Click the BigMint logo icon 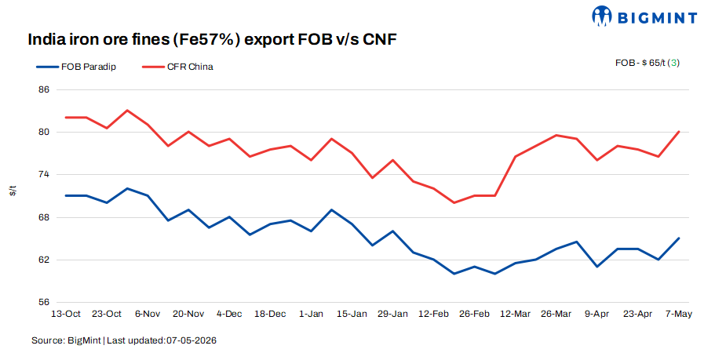pyautogui.click(x=601, y=16)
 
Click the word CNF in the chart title pyautogui.click(x=379, y=40)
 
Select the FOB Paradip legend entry pyautogui.click(x=77, y=67)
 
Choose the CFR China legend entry pyautogui.click(x=177, y=67)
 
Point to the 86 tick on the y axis pyautogui.click(x=44, y=89)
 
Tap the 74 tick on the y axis pyautogui.click(x=44, y=175)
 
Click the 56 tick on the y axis pyautogui.click(x=44, y=302)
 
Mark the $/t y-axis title pyautogui.click(x=13, y=191)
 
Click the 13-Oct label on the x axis pyautogui.click(x=66, y=314)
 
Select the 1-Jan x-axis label pyautogui.click(x=311, y=314)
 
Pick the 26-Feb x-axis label pyautogui.click(x=474, y=314)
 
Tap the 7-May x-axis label pyautogui.click(x=679, y=314)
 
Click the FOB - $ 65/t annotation pyautogui.click(x=640, y=63)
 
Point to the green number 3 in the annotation pyautogui.click(x=674, y=63)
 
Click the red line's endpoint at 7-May pyautogui.click(x=679, y=132)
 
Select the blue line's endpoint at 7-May pyautogui.click(x=679, y=238)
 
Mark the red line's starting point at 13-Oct pyautogui.click(x=66, y=118)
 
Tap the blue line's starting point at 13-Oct pyautogui.click(x=66, y=195)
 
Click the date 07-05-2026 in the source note pyautogui.click(x=192, y=340)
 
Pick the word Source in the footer pyautogui.click(x=48, y=340)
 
